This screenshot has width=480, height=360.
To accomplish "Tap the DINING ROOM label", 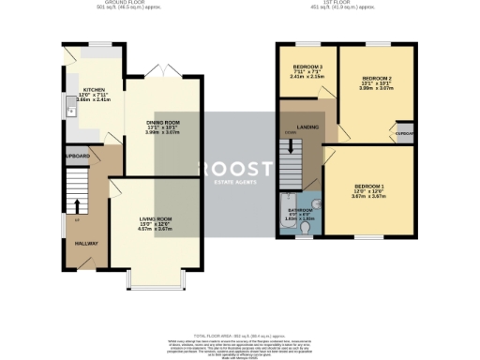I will coord(163,123).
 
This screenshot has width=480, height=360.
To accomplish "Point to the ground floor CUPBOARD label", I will coord(77,156).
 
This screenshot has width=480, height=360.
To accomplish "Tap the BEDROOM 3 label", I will coord(307,67).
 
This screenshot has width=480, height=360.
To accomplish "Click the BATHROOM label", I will coord(300,210).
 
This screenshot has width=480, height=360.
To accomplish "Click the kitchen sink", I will coord(68,112).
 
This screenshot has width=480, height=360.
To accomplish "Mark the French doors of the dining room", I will coord(163,71).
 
